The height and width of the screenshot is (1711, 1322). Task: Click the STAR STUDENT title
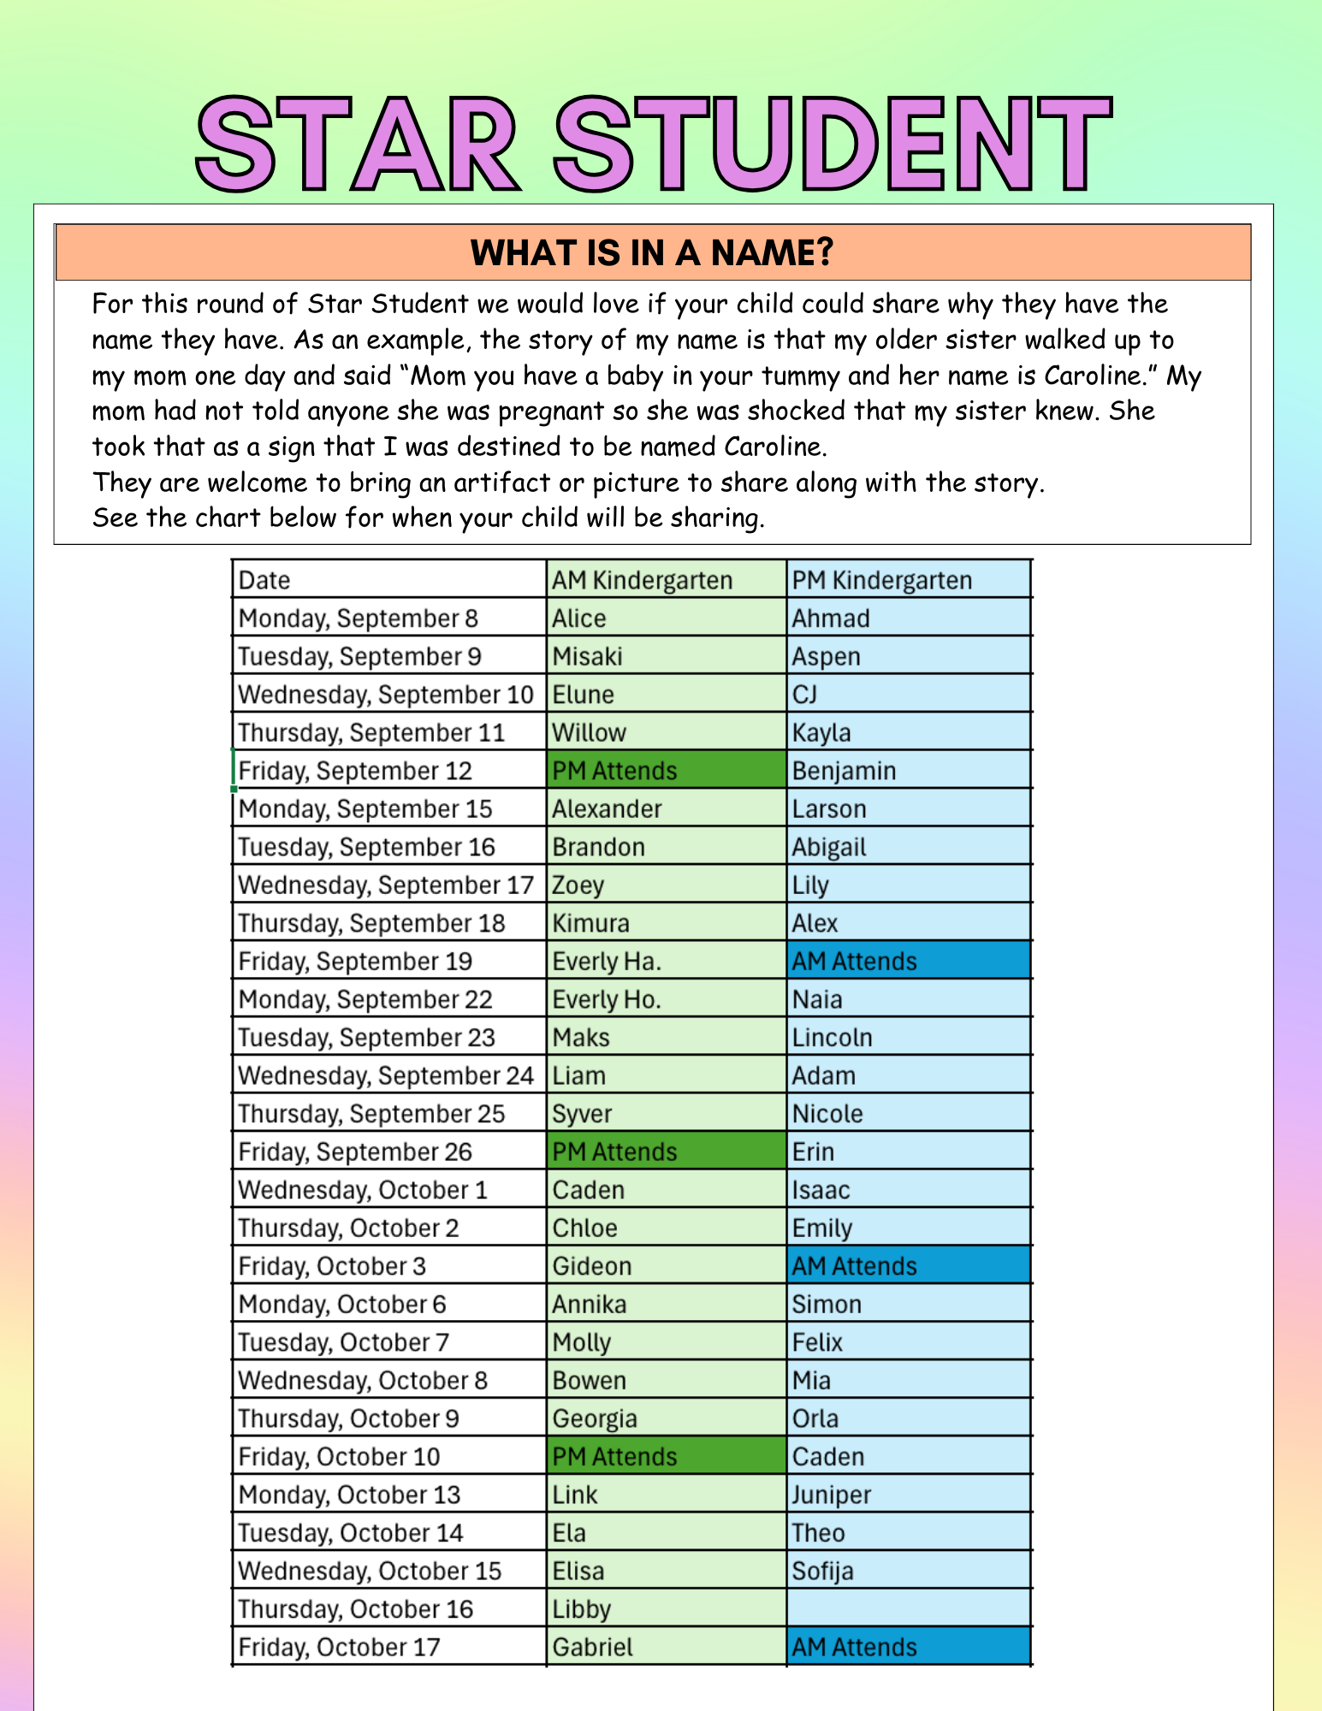(654, 144)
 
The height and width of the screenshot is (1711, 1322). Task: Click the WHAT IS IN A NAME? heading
(652, 253)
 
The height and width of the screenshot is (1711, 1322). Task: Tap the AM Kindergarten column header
(642, 580)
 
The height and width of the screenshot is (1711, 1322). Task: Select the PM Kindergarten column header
(881, 580)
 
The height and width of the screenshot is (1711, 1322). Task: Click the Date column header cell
(264, 580)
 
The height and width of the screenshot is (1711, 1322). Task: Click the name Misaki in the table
(587, 656)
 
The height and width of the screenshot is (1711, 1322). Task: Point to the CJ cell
(804, 694)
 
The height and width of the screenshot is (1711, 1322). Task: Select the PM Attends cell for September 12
(614, 771)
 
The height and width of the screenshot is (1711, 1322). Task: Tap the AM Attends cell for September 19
(854, 962)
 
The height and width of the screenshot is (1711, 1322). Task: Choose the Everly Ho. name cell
(607, 999)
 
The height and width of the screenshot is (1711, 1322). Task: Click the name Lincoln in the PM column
(832, 1038)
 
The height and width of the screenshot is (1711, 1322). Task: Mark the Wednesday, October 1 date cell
(363, 1190)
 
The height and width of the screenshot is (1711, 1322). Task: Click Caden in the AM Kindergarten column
(588, 1190)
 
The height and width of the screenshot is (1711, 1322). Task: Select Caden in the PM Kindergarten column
(828, 1457)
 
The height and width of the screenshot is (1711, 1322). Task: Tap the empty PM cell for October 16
(909, 1608)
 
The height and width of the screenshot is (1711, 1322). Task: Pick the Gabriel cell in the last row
(592, 1647)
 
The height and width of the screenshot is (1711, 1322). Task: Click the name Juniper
(831, 1495)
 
